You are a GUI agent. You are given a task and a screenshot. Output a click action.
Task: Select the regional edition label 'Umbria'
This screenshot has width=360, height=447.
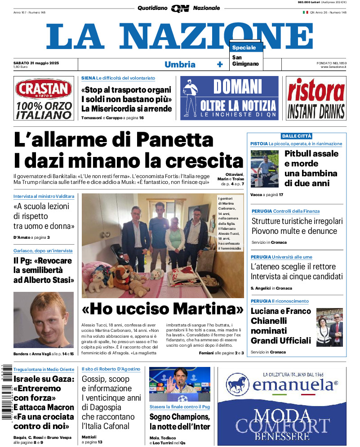pyautogui.click(x=180, y=64)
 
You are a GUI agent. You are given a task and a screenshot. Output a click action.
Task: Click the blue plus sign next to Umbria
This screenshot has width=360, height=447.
pyautogui.click(x=220, y=64)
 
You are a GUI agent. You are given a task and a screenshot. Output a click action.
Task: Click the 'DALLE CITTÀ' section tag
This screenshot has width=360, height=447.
pyautogui.click(x=297, y=136)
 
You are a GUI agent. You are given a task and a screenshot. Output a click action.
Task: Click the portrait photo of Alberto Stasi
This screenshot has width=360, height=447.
pyautogui.click(x=44, y=319)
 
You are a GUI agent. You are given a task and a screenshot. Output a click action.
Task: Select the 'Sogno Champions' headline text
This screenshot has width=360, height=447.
pyautogui.click(x=180, y=416)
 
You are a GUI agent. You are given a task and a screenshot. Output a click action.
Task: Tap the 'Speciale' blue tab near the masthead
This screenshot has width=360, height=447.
pyautogui.click(x=244, y=48)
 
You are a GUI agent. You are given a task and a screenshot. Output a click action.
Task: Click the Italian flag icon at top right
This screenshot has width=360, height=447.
pyautogui.click(x=305, y=12)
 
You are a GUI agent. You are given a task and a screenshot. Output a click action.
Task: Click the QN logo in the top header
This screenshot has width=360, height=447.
pyautogui.click(x=180, y=8)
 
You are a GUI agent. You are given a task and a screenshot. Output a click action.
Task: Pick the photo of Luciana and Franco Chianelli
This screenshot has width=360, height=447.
pyautogui.click(x=329, y=327)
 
